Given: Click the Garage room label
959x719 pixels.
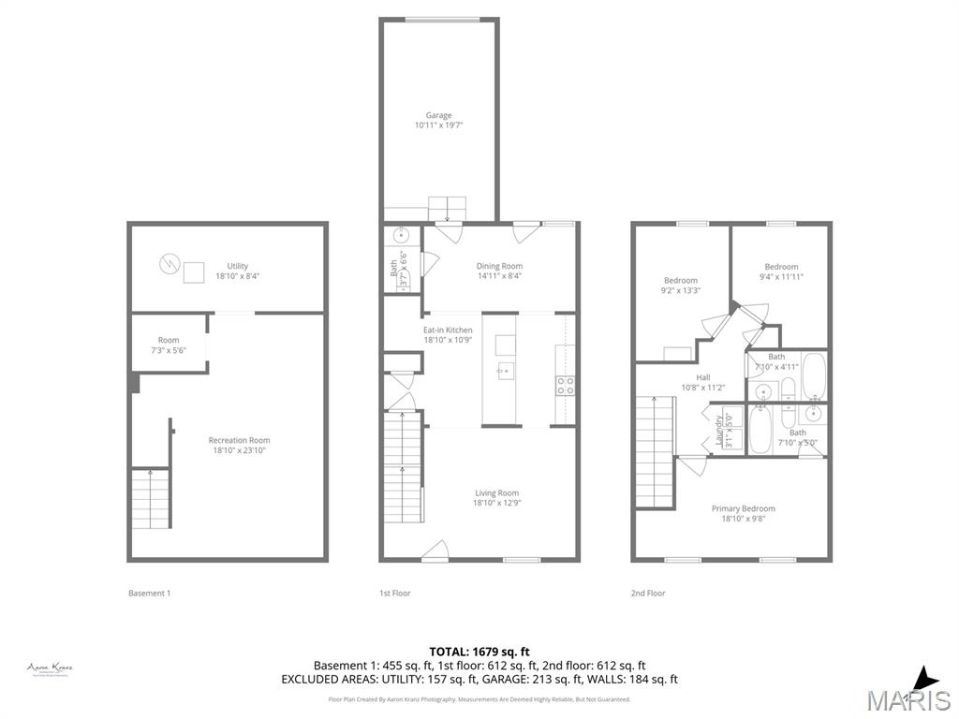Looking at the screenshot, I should coord(438,120).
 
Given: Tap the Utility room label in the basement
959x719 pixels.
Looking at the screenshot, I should coord(237,271).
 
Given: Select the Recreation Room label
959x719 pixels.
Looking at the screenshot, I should coord(239,445).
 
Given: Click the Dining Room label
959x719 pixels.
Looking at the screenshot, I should coord(499,271).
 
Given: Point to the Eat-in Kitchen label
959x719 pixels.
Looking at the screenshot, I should coord(448,334).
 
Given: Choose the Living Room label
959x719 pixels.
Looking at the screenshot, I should coord(495,497).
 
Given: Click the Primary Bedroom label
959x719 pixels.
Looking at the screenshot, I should coord(743,513).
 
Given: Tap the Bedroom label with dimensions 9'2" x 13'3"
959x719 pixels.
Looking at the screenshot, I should coord(681,286).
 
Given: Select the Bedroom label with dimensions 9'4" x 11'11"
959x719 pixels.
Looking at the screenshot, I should coord(781,271).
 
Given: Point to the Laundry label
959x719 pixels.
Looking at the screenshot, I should coord(719,431).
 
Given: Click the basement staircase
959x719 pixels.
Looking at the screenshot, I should coord(150,498).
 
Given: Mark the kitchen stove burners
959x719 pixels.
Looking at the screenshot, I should coord(566,385).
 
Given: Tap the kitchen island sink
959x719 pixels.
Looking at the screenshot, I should coord(505,371).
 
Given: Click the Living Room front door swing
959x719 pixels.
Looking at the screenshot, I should coord(435,552).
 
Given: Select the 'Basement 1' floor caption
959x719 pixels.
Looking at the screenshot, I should coord(149,593).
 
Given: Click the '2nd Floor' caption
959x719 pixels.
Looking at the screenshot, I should coord(648,593).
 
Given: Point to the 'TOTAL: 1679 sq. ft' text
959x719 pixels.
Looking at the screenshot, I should coord(479,651).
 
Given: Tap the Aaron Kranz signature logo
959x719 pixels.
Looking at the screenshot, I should coord(51,668).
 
